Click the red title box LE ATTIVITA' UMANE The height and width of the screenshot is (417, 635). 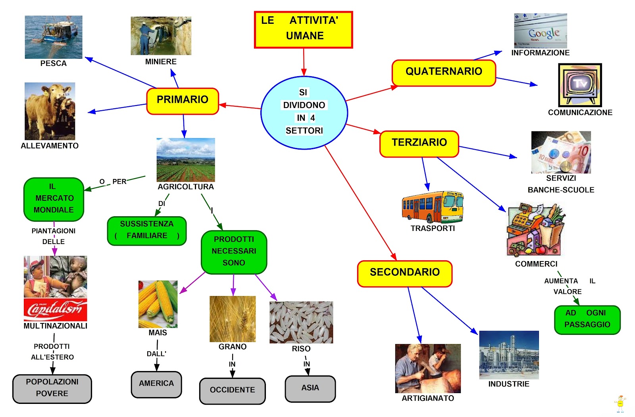pyautogui.click(x=303, y=30)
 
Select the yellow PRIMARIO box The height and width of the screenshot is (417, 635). pyautogui.click(x=183, y=101)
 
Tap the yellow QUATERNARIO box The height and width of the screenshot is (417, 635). pyautogui.click(x=444, y=73)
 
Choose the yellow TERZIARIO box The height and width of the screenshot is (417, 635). pyautogui.click(x=419, y=144)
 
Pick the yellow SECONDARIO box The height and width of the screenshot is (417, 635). pyautogui.click(x=404, y=274)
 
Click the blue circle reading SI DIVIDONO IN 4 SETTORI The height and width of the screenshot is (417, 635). pyautogui.click(x=304, y=113)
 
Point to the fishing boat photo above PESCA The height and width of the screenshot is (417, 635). pyautogui.click(x=54, y=37)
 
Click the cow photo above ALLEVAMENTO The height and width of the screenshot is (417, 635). pyautogui.click(x=50, y=111)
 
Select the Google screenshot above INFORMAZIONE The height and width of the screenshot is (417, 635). pyautogui.click(x=540, y=31)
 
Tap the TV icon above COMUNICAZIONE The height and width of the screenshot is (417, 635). pyautogui.click(x=580, y=85)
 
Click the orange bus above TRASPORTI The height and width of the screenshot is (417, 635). pyautogui.click(x=432, y=207)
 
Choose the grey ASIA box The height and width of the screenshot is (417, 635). pyautogui.click(x=310, y=389)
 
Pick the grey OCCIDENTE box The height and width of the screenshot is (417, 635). pyautogui.click(x=232, y=391)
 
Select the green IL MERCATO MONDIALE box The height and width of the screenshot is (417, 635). pyautogui.click(x=54, y=199)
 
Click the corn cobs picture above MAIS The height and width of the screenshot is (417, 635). pyautogui.click(x=158, y=304)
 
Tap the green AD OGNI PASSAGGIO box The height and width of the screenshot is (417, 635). pyautogui.click(x=587, y=320)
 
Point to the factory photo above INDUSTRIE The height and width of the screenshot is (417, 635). pyautogui.click(x=509, y=355)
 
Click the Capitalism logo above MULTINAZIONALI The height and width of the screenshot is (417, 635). pyautogui.click(x=55, y=309)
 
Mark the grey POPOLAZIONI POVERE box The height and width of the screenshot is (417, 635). pyautogui.click(x=52, y=388)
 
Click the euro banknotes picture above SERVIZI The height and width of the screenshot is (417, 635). pyautogui.click(x=561, y=152)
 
